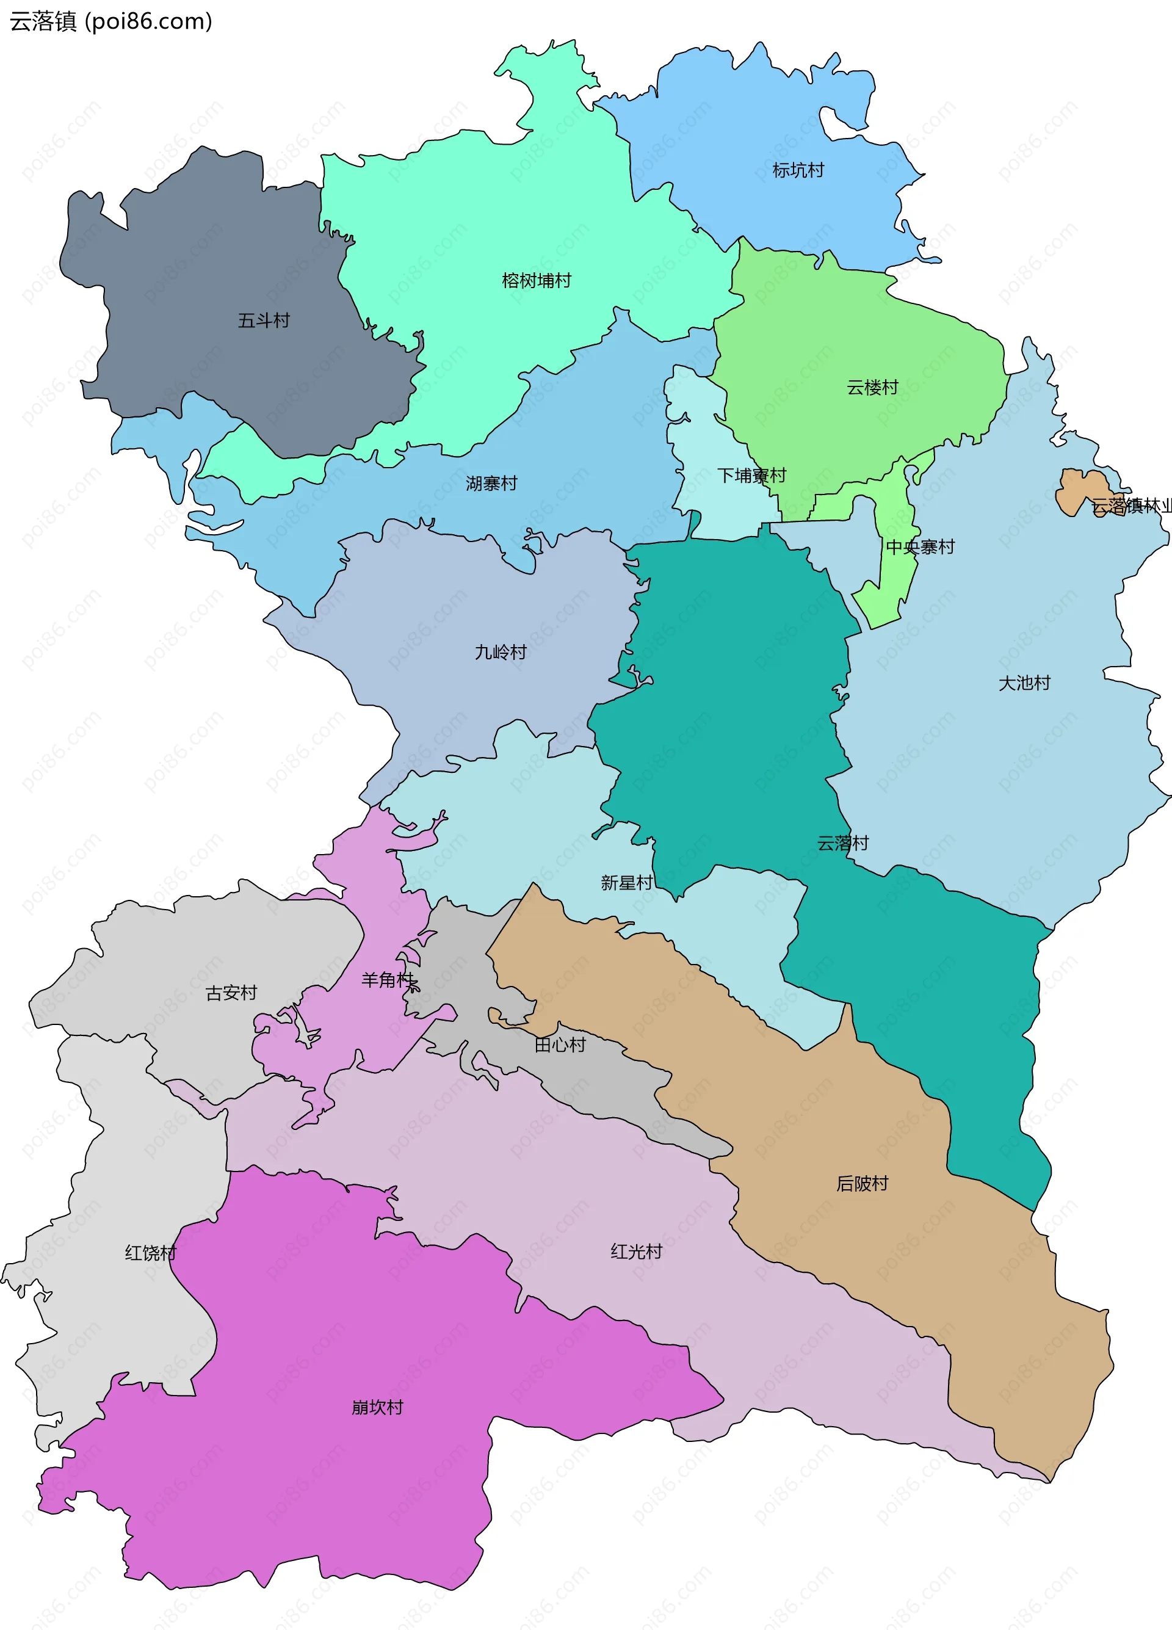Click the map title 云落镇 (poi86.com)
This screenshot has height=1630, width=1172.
(x=110, y=21)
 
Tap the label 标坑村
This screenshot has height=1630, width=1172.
(x=798, y=170)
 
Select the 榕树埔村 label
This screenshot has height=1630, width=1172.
(x=536, y=280)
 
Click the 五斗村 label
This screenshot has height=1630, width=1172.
(x=264, y=321)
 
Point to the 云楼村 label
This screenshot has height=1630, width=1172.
(x=872, y=388)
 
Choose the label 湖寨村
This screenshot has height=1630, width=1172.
(x=491, y=484)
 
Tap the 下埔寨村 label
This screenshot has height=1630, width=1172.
(x=751, y=476)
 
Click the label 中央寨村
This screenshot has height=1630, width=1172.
(x=920, y=547)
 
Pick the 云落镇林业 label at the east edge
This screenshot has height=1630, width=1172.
(x=1131, y=506)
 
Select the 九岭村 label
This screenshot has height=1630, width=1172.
(x=501, y=652)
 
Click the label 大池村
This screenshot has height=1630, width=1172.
(x=1024, y=683)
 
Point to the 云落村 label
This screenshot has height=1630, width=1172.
(x=843, y=843)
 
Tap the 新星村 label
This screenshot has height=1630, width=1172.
(x=627, y=883)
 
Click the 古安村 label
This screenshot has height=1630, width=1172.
(x=231, y=993)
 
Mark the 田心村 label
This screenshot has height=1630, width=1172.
(x=560, y=1045)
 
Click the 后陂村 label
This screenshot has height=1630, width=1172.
(x=863, y=1183)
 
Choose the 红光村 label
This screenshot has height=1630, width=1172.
(x=636, y=1251)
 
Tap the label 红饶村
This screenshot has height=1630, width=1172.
(x=151, y=1253)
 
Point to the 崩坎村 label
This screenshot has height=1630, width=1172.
(x=377, y=1407)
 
